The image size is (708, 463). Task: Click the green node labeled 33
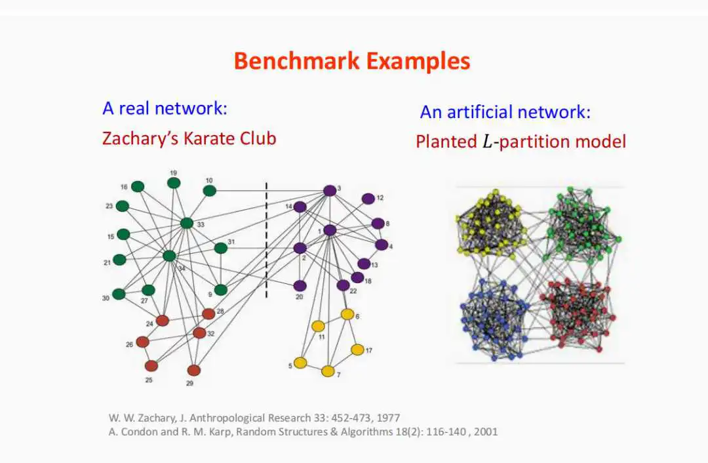pyautogui.click(x=187, y=223)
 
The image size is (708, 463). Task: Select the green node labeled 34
pyautogui.click(x=169, y=256)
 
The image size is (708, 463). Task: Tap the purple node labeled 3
pyautogui.click(x=330, y=190)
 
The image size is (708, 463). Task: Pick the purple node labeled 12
pyautogui.click(x=368, y=198)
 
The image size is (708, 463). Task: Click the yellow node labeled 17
pyautogui.click(x=357, y=350)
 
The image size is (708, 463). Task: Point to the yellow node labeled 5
pyautogui.click(x=300, y=363)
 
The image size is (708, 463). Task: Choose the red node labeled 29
pyautogui.click(x=193, y=370)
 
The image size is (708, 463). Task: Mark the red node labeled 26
pyautogui.click(x=142, y=342)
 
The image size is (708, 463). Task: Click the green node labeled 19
pyautogui.click(x=174, y=182)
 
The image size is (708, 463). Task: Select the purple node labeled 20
pyautogui.click(x=300, y=285)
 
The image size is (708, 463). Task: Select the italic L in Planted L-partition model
pyautogui.click(x=486, y=142)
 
